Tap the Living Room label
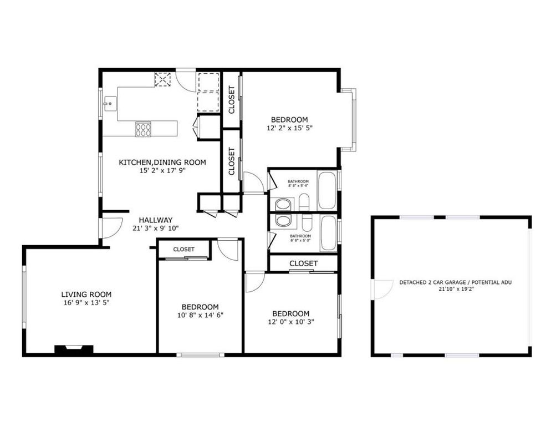pyautogui.click(x=86, y=295)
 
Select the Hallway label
pyautogui.click(x=156, y=220)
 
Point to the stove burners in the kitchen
pyautogui.click(x=144, y=129)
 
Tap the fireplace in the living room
pyautogui.click(x=74, y=349)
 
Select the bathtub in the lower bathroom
pyautogui.click(x=328, y=233)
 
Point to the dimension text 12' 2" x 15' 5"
pyautogui.click(x=289, y=128)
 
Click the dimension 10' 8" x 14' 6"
pyautogui.click(x=200, y=315)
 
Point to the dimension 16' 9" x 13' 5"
pyautogui.click(x=86, y=303)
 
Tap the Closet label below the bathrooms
pyautogui.click(x=303, y=263)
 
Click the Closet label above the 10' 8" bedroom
pyautogui.click(x=183, y=250)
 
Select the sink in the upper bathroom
pyautogui.click(x=283, y=204)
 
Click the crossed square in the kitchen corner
pyautogui.click(x=162, y=79)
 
